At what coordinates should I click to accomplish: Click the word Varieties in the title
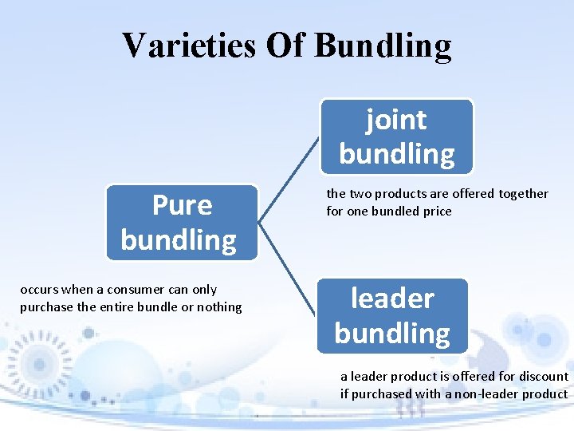(188, 45)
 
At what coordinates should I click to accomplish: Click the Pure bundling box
(182, 223)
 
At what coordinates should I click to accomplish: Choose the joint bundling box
(397, 136)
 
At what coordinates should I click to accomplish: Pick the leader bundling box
(392, 316)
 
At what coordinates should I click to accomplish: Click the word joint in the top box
(396, 120)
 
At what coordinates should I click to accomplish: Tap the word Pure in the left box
(182, 205)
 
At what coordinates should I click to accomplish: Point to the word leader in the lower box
(392, 299)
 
